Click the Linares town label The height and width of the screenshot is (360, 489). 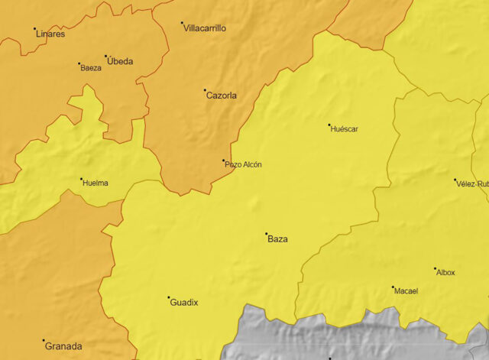click(x=50, y=34)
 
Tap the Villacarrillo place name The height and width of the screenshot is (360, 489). click(x=205, y=28)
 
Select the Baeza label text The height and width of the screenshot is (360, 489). click(x=91, y=68)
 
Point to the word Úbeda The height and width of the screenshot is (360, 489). click(x=119, y=61)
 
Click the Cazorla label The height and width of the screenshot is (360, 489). click(x=222, y=96)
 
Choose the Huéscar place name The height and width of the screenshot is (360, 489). click(x=344, y=129)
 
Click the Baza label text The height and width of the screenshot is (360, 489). click(x=277, y=239)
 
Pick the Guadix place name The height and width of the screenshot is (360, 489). click(x=183, y=303)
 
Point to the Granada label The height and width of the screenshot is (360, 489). click(x=63, y=346)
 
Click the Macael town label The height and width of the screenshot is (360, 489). click(x=406, y=290)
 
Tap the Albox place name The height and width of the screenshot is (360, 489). click(x=445, y=273)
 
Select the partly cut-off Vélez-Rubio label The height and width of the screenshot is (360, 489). click(x=472, y=184)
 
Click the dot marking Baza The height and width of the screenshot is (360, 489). click(x=266, y=233)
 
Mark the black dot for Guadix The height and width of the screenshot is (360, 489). click(x=168, y=297)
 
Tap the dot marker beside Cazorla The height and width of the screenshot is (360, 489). click(x=205, y=90)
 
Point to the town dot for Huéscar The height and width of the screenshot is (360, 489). click(x=329, y=125)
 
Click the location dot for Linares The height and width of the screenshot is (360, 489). click(x=34, y=29)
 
